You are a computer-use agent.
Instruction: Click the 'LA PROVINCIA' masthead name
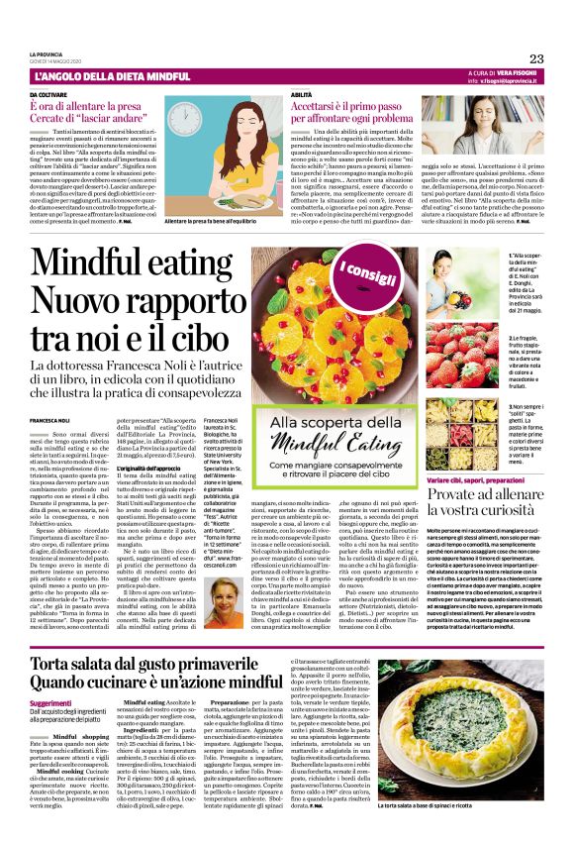47,54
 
